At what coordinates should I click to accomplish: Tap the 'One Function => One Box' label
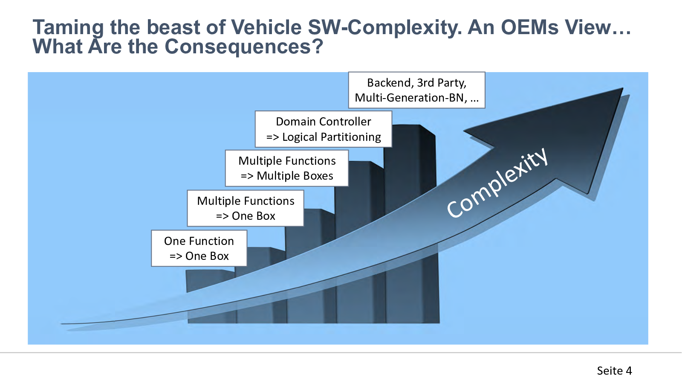click(199, 248)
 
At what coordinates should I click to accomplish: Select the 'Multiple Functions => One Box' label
click(246, 208)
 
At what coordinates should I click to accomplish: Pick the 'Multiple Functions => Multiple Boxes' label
click(287, 168)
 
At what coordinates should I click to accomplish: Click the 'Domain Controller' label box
click(324, 129)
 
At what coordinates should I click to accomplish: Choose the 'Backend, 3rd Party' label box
click(417, 90)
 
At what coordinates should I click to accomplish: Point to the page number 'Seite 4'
click(614, 371)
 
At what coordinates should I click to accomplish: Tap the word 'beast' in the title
click(173, 27)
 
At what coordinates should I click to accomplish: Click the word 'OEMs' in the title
click(529, 27)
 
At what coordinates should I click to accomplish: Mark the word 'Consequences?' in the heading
click(243, 47)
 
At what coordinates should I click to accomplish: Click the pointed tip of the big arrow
click(622, 88)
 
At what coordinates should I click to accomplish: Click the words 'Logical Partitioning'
click(332, 137)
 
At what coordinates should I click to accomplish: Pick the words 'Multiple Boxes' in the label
click(295, 176)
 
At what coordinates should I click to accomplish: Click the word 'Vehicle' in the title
click(266, 27)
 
